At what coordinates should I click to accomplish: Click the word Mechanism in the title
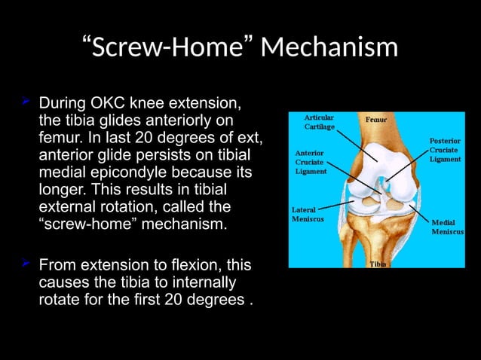click(329, 47)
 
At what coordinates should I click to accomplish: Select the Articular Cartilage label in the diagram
click(319, 122)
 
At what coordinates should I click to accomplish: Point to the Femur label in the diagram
click(377, 120)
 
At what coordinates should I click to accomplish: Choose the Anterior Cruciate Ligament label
click(310, 162)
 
